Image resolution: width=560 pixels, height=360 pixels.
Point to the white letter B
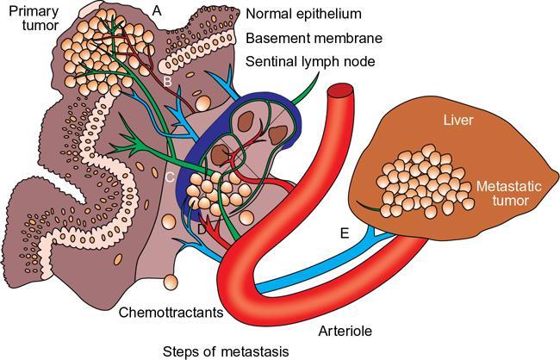pyautogui.click(x=169, y=81)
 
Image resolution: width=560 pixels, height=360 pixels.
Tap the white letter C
pyautogui.click(x=170, y=177)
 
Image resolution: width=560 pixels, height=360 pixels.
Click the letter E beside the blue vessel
pyautogui.click(x=345, y=232)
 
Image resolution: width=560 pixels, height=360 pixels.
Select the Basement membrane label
pyautogui.click(x=314, y=39)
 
